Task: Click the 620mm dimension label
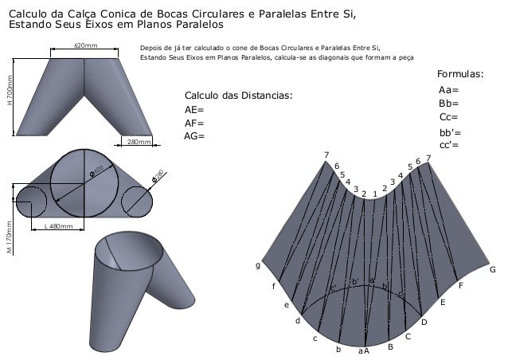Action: click(85, 46)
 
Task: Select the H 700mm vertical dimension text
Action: click(10, 91)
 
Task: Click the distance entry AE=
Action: click(193, 110)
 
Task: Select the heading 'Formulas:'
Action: click(460, 75)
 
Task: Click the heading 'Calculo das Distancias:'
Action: click(238, 96)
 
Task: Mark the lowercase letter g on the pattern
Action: click(257, 264)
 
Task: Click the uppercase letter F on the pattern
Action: click(460, 285)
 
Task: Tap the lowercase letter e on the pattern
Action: click(287, 304)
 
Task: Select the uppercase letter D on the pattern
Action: click(424, 322)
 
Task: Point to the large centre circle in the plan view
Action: click(85, 182)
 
